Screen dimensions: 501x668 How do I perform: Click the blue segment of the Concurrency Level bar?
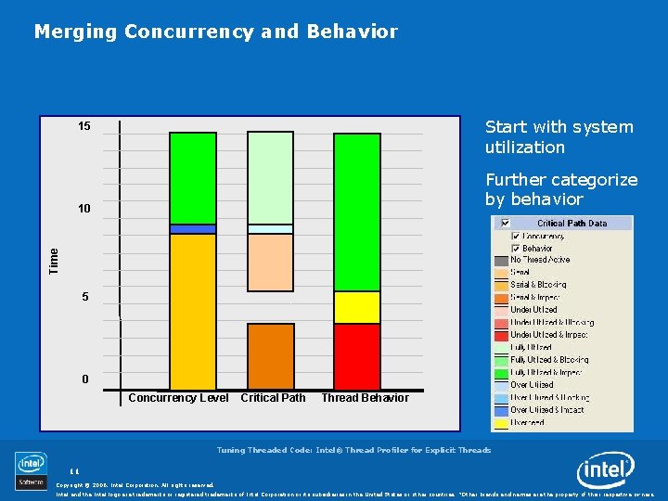pos(193,228)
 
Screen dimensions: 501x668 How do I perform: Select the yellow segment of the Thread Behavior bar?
pos(357,307)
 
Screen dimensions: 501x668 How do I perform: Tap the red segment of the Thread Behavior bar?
pos(357,356)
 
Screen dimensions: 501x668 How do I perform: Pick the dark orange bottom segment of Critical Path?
pos(271,356)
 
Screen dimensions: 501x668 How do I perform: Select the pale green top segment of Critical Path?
pos(271,177)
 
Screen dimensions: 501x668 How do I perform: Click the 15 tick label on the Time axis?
pos(84,126)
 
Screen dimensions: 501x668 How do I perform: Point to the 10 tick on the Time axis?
pos(84,209)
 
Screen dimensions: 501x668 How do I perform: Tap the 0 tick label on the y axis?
pos(84,379)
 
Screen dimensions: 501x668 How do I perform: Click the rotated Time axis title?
pos(54,260)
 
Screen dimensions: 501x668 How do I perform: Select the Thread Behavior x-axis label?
pos(365,398)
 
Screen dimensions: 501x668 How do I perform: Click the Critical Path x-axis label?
pos(273,398)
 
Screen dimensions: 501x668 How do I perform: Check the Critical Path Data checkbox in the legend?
pos(505,224)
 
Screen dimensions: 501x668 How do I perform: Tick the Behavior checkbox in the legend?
pos(516,249)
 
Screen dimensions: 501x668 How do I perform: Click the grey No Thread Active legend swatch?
pos(502,260)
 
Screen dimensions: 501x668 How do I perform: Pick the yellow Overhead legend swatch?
pos(502,422)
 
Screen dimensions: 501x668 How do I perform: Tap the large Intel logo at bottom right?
pos(605,471)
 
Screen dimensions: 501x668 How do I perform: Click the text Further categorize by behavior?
pos(560,189)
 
